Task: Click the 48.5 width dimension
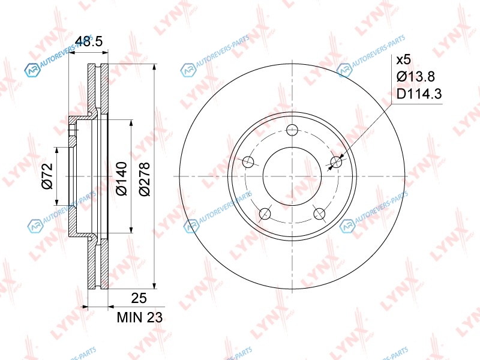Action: click(x=89, y=41)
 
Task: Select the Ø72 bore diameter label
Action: click(x=47, y=176)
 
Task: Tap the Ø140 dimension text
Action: click(x=121, y=178)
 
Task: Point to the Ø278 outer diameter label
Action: click(x=144, y=179)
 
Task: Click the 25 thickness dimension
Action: click(x=139, y=298)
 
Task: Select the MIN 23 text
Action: click(x=140, y=317)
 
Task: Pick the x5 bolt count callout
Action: click(x=403, y=60)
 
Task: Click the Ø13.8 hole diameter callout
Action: click(x=416, y=77)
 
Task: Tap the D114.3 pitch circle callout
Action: click(x=419, y=94)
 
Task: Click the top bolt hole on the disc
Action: click(x=293, y=130)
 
